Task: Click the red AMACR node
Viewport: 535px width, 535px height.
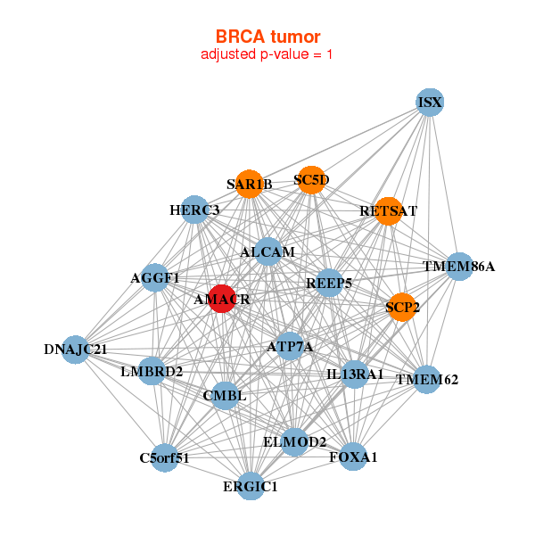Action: [221, 299]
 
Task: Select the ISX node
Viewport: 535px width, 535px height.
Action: [430, 103]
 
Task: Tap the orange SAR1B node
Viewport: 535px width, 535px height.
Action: [250, 184]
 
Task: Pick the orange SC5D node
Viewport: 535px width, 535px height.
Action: [310, 179]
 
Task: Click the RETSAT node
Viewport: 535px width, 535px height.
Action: [388, 211]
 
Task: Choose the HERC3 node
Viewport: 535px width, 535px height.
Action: [194, 210]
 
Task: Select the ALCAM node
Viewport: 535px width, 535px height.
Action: [267, 251]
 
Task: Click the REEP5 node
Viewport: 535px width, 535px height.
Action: [329, 283]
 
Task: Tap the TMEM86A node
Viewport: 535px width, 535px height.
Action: [458, 266]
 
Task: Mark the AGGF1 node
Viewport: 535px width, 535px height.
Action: [155, 277]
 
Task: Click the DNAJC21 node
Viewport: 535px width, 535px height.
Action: [76, 349]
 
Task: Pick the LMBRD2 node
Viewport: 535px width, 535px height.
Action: [152, 370]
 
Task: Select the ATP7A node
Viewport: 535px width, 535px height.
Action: [289, 346]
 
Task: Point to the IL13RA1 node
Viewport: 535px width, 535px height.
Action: [355, 374]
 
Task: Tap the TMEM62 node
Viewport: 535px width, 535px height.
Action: [427, 380]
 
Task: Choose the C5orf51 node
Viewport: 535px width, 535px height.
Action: [164, 457]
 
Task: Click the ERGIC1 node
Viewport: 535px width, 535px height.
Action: [251, 486]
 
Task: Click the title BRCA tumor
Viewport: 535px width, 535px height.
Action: [267, 37]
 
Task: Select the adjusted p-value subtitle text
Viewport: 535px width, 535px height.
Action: [267, 54]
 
